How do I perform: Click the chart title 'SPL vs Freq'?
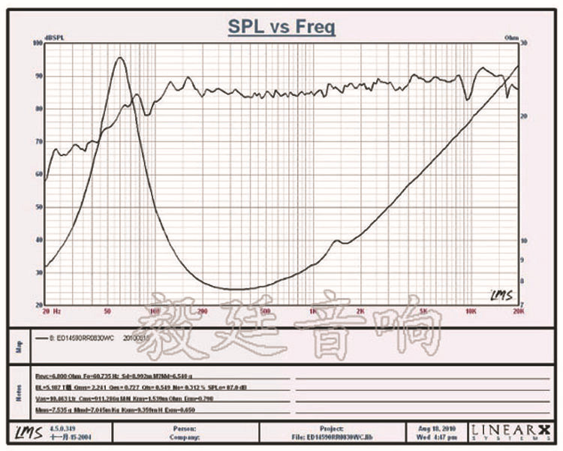[x=281, y=28]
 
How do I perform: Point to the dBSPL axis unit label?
[x=54, y=38]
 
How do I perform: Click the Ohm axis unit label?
[x=511, y=37]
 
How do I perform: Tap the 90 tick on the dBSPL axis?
[x=38, y=76]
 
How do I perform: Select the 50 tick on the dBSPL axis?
[x=38, y=207]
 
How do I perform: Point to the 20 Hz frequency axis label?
[x=53, y=310]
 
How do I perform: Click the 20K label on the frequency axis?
[x=517, y=310]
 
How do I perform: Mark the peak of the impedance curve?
[x=119, y=58]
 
